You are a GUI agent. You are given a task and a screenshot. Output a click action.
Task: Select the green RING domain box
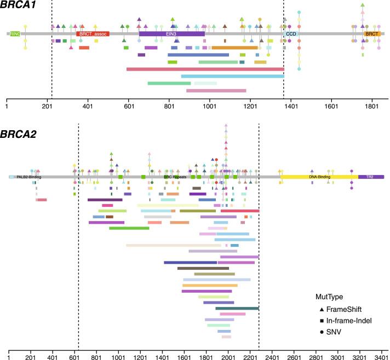(15, 34)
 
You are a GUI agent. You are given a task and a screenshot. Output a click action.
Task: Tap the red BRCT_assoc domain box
(93, 34)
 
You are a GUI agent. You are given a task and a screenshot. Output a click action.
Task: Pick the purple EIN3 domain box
(171, 34)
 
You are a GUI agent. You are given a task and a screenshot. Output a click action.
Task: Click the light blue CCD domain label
(290, 34)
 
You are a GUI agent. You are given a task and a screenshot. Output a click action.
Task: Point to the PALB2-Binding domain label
(28, 177)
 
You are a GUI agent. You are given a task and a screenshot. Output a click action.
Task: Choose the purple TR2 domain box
(371, 177)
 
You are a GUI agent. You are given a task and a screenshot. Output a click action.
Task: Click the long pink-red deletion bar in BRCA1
(205, 69)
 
